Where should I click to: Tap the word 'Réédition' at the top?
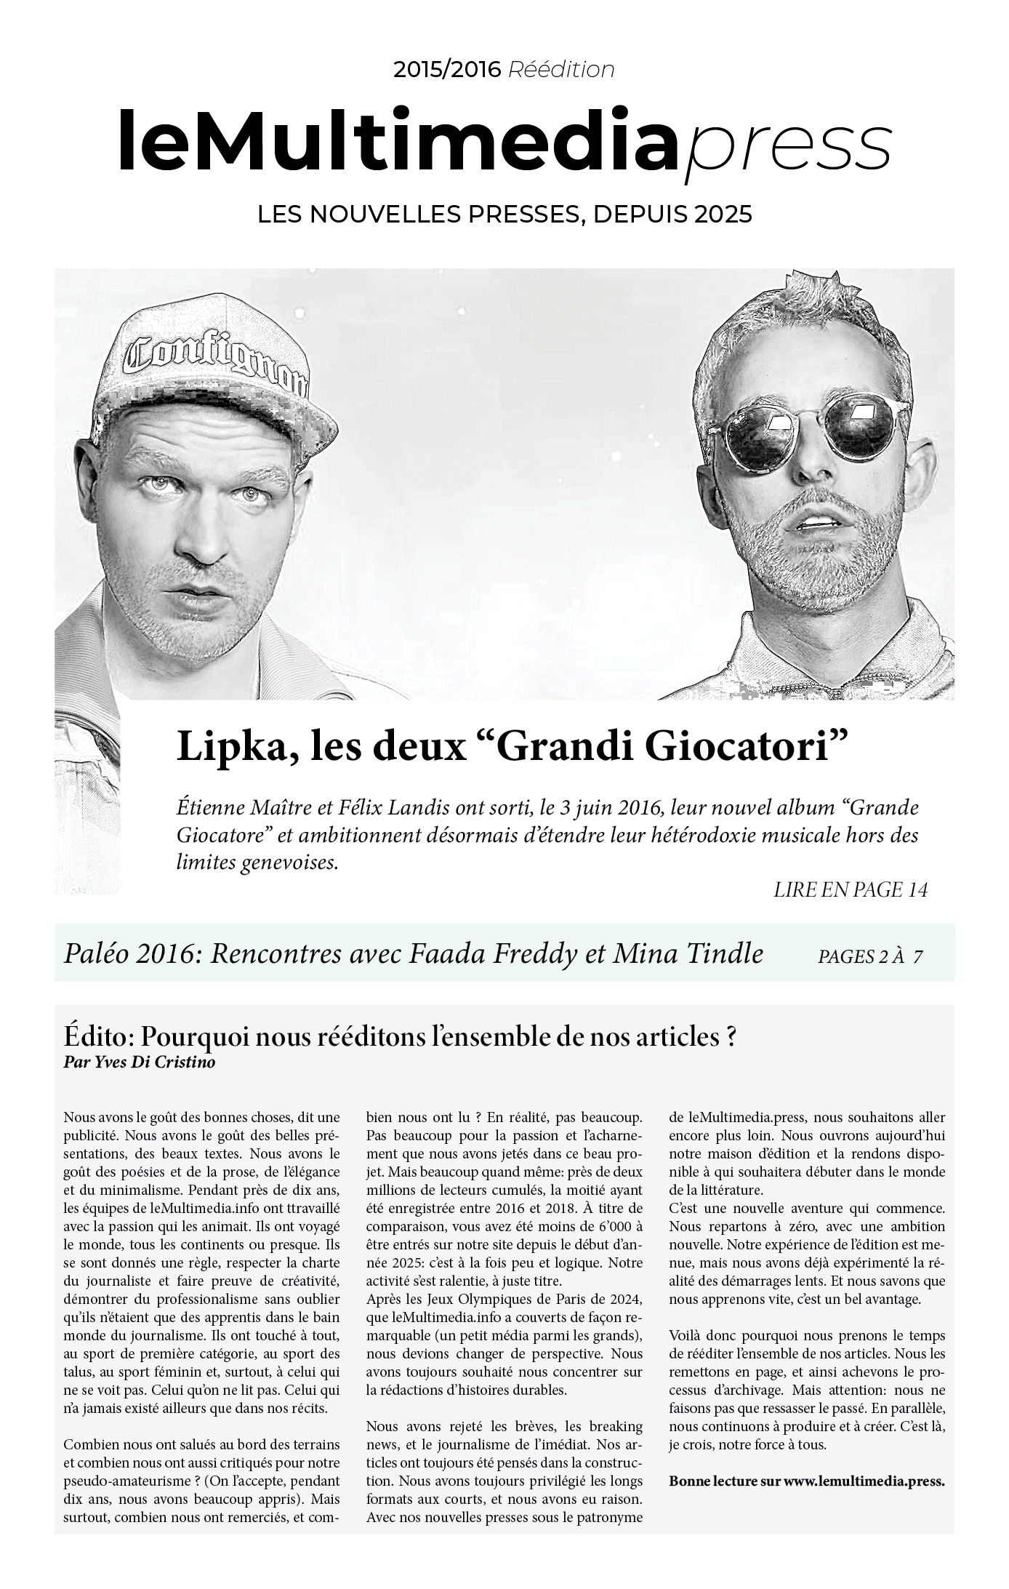point(561,70)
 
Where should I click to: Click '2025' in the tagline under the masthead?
point(723,215)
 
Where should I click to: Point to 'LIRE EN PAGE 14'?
point(851,889)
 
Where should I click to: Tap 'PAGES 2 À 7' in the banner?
point(870,956)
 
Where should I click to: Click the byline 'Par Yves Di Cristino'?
point(140,1062)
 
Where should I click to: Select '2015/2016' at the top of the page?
point(447,70)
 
